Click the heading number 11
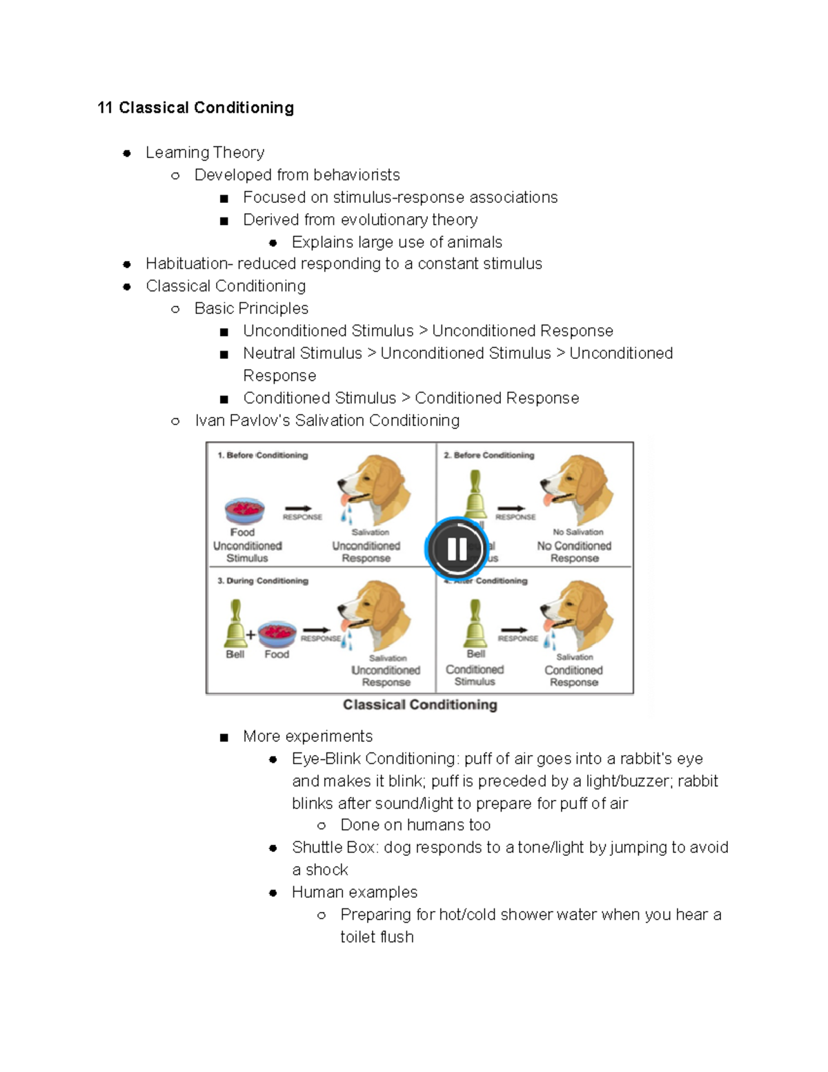pyautogui.click(x=105, y=108)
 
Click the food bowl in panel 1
pyautogui.click(x=244, y=511)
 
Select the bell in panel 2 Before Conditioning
pyautogui.click(x=475, y=494)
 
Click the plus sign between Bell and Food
pyautogui.click(x=250, y=634)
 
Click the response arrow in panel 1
pyautogui.click(x=298, y=509)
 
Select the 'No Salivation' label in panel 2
pyautogui.click(x=578, y=532)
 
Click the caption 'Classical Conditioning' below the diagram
pyautogui.click(x=420, y=705)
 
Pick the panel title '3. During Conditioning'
pyautogui.click(x=263, y=581)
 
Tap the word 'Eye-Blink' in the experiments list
pyautogui.click(x=326, y=759)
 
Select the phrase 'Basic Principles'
pyautogui.click(x=251, y=309)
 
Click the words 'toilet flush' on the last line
pyautogui.click(x=377, y=937)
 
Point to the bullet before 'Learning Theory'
pyautogui.click(x=127, y=153)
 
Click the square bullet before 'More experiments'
pyautogui.click(x=224, y=737)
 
